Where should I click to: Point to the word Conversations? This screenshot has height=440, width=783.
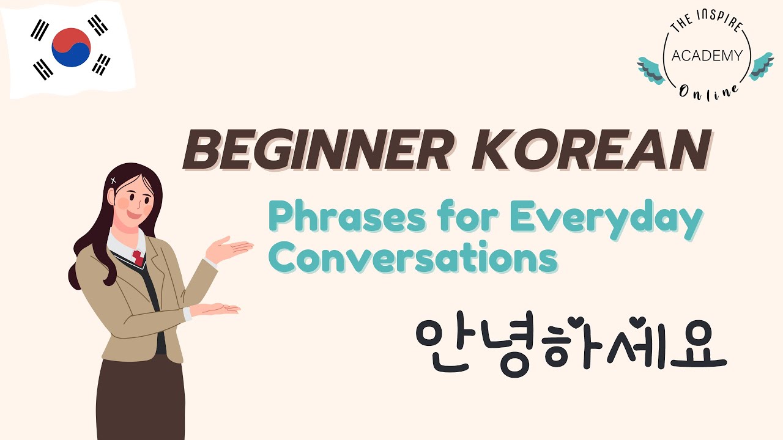[x=414, y=259]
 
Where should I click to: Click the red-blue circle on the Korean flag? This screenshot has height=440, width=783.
[x=71, y=47]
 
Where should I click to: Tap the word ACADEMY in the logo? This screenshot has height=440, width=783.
[x=707, y=56]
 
